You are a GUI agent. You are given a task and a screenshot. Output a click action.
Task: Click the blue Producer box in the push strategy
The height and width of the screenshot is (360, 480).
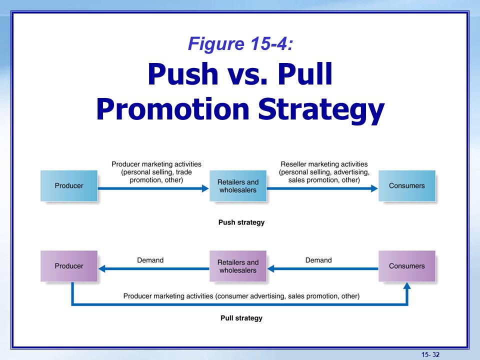tap(69, 186)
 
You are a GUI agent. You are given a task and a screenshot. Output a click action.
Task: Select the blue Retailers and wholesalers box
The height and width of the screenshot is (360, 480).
tap(238, 186)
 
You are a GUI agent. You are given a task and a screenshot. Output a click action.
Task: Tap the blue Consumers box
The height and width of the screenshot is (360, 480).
tap(407, 186)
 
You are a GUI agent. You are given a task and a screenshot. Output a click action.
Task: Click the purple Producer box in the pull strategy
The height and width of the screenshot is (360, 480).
tap(69, 266)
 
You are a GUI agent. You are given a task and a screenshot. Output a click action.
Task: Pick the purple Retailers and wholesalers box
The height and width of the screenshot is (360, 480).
tap(238, 266)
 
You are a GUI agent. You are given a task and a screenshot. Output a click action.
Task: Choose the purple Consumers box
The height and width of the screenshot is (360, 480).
tap(407, 266)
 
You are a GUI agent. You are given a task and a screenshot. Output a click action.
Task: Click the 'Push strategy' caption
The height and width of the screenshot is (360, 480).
tap(241, 222)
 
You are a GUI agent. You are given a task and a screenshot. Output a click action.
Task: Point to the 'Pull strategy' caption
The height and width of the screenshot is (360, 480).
tap(241, 318)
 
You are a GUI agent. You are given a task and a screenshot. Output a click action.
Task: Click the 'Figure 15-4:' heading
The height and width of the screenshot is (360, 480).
tap(240, 43)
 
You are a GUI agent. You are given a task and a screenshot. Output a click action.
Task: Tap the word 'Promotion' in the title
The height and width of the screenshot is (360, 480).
tap(173, 109)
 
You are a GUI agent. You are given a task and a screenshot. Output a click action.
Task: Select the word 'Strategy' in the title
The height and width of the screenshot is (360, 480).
tap(321, 110)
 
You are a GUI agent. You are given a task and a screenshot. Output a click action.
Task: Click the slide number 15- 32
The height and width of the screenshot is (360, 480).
tap(430, 354)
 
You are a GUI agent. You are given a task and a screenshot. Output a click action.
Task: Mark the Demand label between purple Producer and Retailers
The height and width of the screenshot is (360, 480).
tap(150, 260)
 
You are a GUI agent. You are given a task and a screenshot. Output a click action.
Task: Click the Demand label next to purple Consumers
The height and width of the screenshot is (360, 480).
tap(318, 260)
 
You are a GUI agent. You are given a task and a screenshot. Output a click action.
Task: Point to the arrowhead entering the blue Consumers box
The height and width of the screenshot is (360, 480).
tap(374, 188)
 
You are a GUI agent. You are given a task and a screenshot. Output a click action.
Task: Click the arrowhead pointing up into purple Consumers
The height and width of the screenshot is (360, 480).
tap(407, 285)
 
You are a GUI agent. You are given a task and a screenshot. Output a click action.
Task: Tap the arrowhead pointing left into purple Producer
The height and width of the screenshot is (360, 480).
tap(101, 269)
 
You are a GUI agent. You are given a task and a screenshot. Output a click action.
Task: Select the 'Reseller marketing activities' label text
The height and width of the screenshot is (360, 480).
tap(324, 164)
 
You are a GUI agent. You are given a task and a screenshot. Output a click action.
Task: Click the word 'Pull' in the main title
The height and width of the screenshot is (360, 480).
tap(305, 74)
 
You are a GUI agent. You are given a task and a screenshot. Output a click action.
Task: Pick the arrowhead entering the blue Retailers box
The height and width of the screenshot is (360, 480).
tap(205, 188)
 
